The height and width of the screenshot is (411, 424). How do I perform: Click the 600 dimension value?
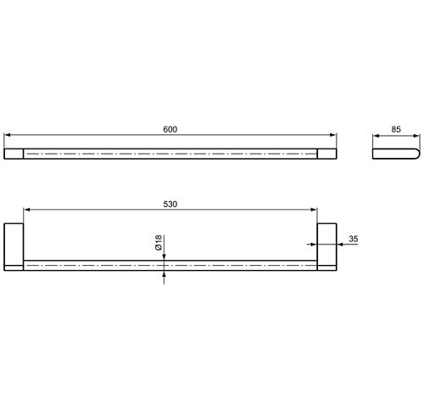tap(170, 129)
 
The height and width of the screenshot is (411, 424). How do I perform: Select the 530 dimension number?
tap(170, 204)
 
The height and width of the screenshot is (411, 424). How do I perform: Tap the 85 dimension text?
tap(396, 129)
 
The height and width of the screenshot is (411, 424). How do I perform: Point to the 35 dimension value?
tap(354, 239)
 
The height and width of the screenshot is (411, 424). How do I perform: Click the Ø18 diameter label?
tap(159, 243)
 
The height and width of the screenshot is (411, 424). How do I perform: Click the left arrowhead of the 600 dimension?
tap(8, 135)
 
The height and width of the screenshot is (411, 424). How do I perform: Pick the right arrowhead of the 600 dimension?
tap(333, 135)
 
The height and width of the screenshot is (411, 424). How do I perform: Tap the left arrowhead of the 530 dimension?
tap(27, 210)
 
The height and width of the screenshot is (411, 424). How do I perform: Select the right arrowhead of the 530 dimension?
tap(314, 210)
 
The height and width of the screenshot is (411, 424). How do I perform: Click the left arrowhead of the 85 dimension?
tap(376, 136)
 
